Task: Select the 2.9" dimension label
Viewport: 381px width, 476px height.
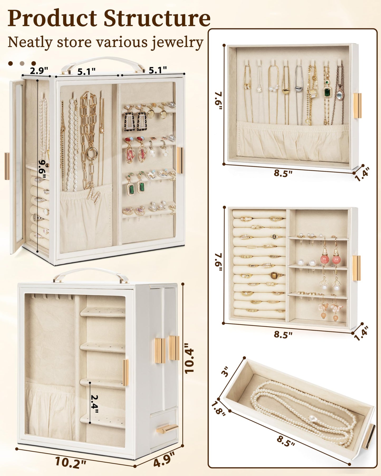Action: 39,71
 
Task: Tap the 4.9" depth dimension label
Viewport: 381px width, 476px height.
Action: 164,459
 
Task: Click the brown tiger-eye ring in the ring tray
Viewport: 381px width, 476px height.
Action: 274,275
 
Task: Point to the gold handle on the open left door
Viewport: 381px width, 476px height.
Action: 7,166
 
